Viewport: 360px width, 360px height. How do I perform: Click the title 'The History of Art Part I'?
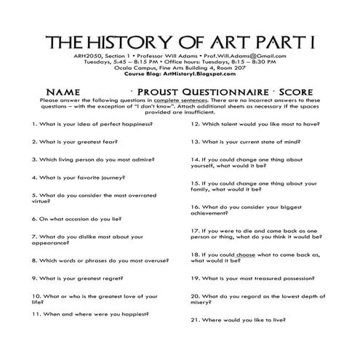(180, 39)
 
